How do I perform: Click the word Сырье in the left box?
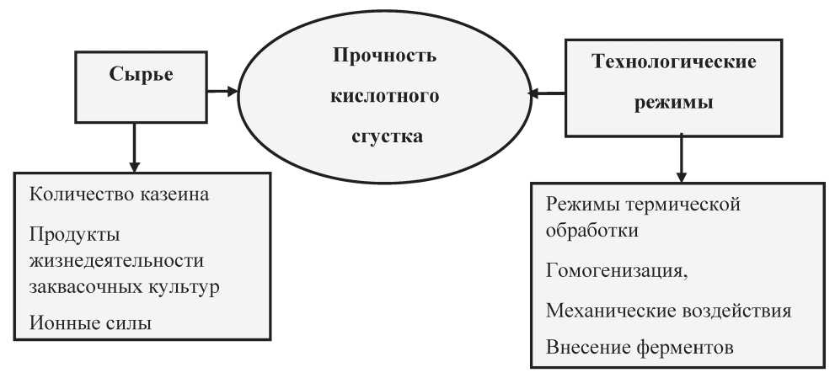141,75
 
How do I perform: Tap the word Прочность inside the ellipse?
384,56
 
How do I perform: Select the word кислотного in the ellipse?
385,96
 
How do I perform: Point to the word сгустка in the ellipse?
387,137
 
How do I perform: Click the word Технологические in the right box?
674,61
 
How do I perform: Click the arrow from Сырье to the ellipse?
222,92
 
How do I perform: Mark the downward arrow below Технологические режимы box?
682,159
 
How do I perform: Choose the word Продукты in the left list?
74,236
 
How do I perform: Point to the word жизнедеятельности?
117,262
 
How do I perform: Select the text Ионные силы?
90,323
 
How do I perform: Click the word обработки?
592,231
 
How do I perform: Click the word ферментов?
685,348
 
